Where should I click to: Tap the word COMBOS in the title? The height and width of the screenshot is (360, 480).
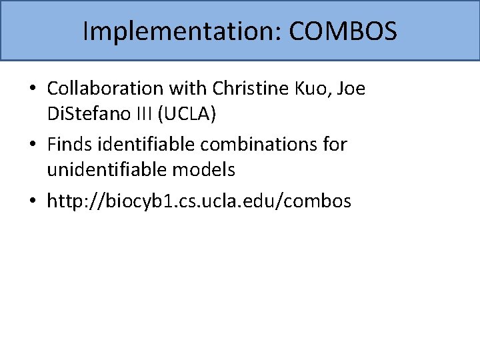[x=343, y=31]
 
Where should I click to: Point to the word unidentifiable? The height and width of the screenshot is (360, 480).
[x=106, y=171]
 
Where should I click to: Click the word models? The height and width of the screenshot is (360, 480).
[x=204, y=171]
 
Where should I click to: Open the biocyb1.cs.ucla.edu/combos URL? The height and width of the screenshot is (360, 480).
[x=199, y=201]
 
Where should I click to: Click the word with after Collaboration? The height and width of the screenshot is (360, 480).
[x=192, y=88]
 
